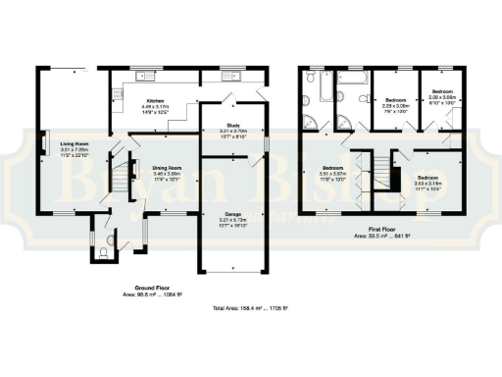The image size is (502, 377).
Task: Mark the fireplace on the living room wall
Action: pos(43,144)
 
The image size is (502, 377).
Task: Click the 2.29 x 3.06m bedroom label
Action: pos(395,100)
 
